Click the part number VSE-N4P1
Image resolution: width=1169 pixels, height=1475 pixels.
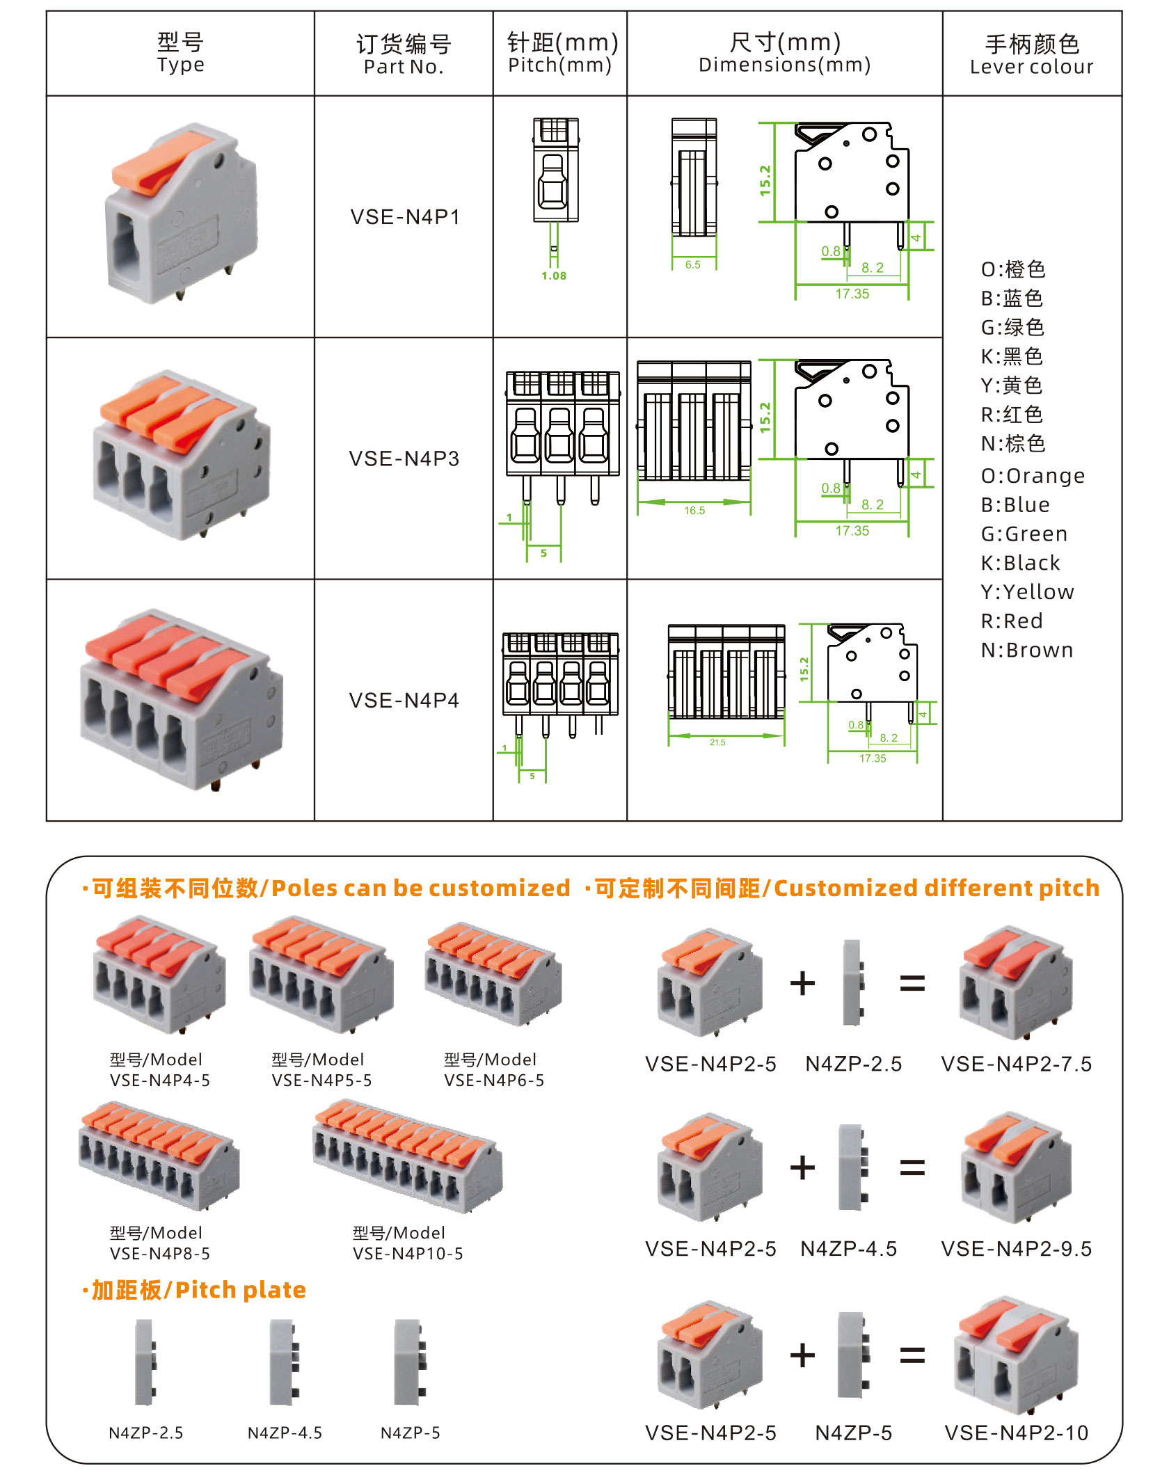point(404,217)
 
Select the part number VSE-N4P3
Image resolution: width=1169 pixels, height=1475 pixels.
point(404,459)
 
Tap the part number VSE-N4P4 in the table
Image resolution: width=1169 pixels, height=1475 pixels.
point(404,701)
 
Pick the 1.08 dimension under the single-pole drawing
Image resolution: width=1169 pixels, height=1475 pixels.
point(554,276)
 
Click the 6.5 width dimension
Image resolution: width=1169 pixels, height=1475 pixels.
point(692,265)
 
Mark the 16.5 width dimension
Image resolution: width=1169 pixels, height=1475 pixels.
point(694,511)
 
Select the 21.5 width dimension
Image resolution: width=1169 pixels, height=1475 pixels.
point(717,742)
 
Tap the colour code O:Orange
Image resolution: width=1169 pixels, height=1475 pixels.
point(1033,476)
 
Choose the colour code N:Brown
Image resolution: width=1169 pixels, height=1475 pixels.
point(1027,650)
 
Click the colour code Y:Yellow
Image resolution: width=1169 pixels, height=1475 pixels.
point(1027,592)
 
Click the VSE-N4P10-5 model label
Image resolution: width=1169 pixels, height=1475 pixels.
point(408,1254)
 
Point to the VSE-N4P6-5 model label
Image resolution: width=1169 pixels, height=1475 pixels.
point(494,1081)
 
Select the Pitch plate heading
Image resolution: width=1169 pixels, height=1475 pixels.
point(195,1290)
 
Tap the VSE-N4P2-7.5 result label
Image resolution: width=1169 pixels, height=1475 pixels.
point(1016,1065)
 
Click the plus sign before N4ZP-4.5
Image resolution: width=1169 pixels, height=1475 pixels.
point(802,1167)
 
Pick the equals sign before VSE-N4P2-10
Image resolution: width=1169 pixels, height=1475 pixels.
point(912,1355)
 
